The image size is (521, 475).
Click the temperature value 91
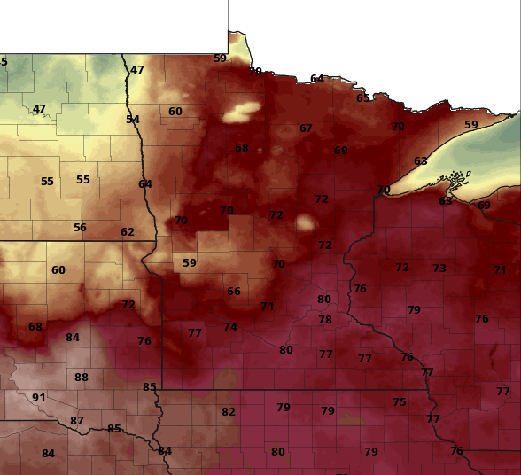coord(39,397)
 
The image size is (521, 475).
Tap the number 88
coord(82,377)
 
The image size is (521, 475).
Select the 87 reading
coord(77,420)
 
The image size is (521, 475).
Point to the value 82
coord(229,411)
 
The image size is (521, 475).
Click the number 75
coord(400,401)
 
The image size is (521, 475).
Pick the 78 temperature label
coord(325,319)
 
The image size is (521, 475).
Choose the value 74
coord(230,326)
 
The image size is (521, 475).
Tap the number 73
coord(439,268)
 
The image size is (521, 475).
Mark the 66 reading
coord(234,291)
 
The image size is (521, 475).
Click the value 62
coord(128,232)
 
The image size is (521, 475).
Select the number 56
coord(80,227)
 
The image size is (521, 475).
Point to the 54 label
coord(133,119)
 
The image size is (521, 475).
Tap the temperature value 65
coord(363,97)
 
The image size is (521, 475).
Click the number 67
coord(306,128)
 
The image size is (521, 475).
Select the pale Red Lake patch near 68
coord(243,112)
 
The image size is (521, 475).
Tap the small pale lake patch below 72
coord(307,222)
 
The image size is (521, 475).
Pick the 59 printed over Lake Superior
coord(471,125)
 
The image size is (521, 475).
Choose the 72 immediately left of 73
coord(402,267)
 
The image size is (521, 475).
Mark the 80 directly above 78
coord(324,300)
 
